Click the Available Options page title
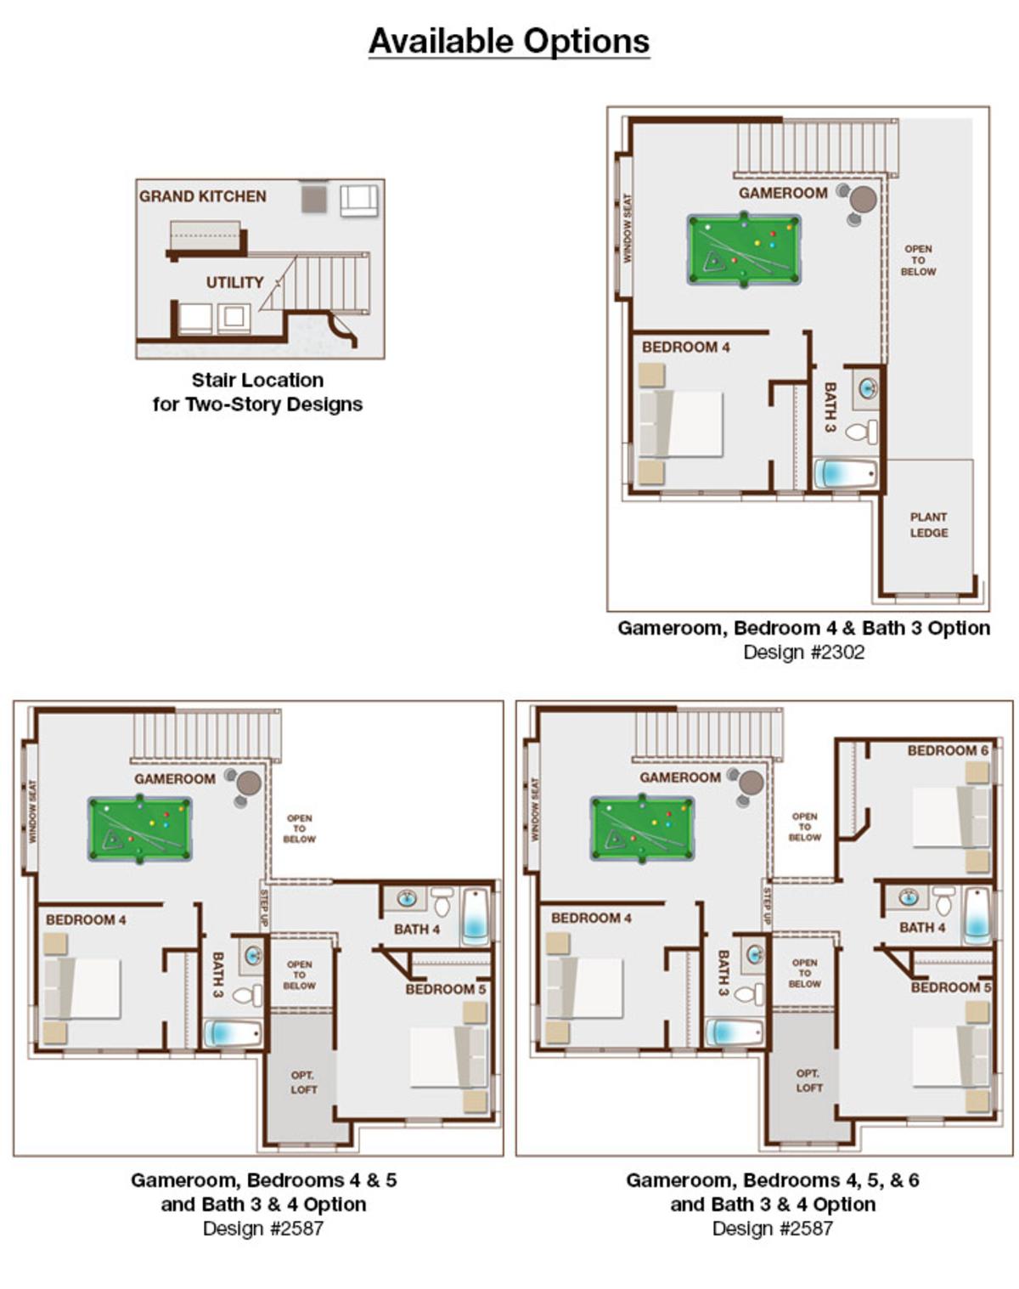(x=509, y=42)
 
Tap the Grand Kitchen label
(x=202, y=196)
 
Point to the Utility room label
(x=234, y=282)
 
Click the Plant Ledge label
(x=929, y=524)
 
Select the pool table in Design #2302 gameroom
(x=744, y=249)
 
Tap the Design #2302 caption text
(x=803, y=653)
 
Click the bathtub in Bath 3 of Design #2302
(x=846, y=473)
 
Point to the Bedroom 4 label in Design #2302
(x=685, y=348)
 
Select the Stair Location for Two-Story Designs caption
(x=257, y=392)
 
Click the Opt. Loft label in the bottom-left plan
(x=303, y=1083)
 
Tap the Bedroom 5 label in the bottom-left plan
(x=446, y=989)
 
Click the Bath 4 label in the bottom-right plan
(x=922, y=928)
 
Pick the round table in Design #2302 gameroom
(x=863, y=200)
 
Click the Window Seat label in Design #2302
(x=627, y=228)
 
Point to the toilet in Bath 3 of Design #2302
(x=861, y=432)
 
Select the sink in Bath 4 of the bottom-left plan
(x=408, y=898)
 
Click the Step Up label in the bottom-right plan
(x=767, y=907)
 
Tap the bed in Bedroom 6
(x=951, y=817)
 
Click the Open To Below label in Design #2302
(x=918, y=260)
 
